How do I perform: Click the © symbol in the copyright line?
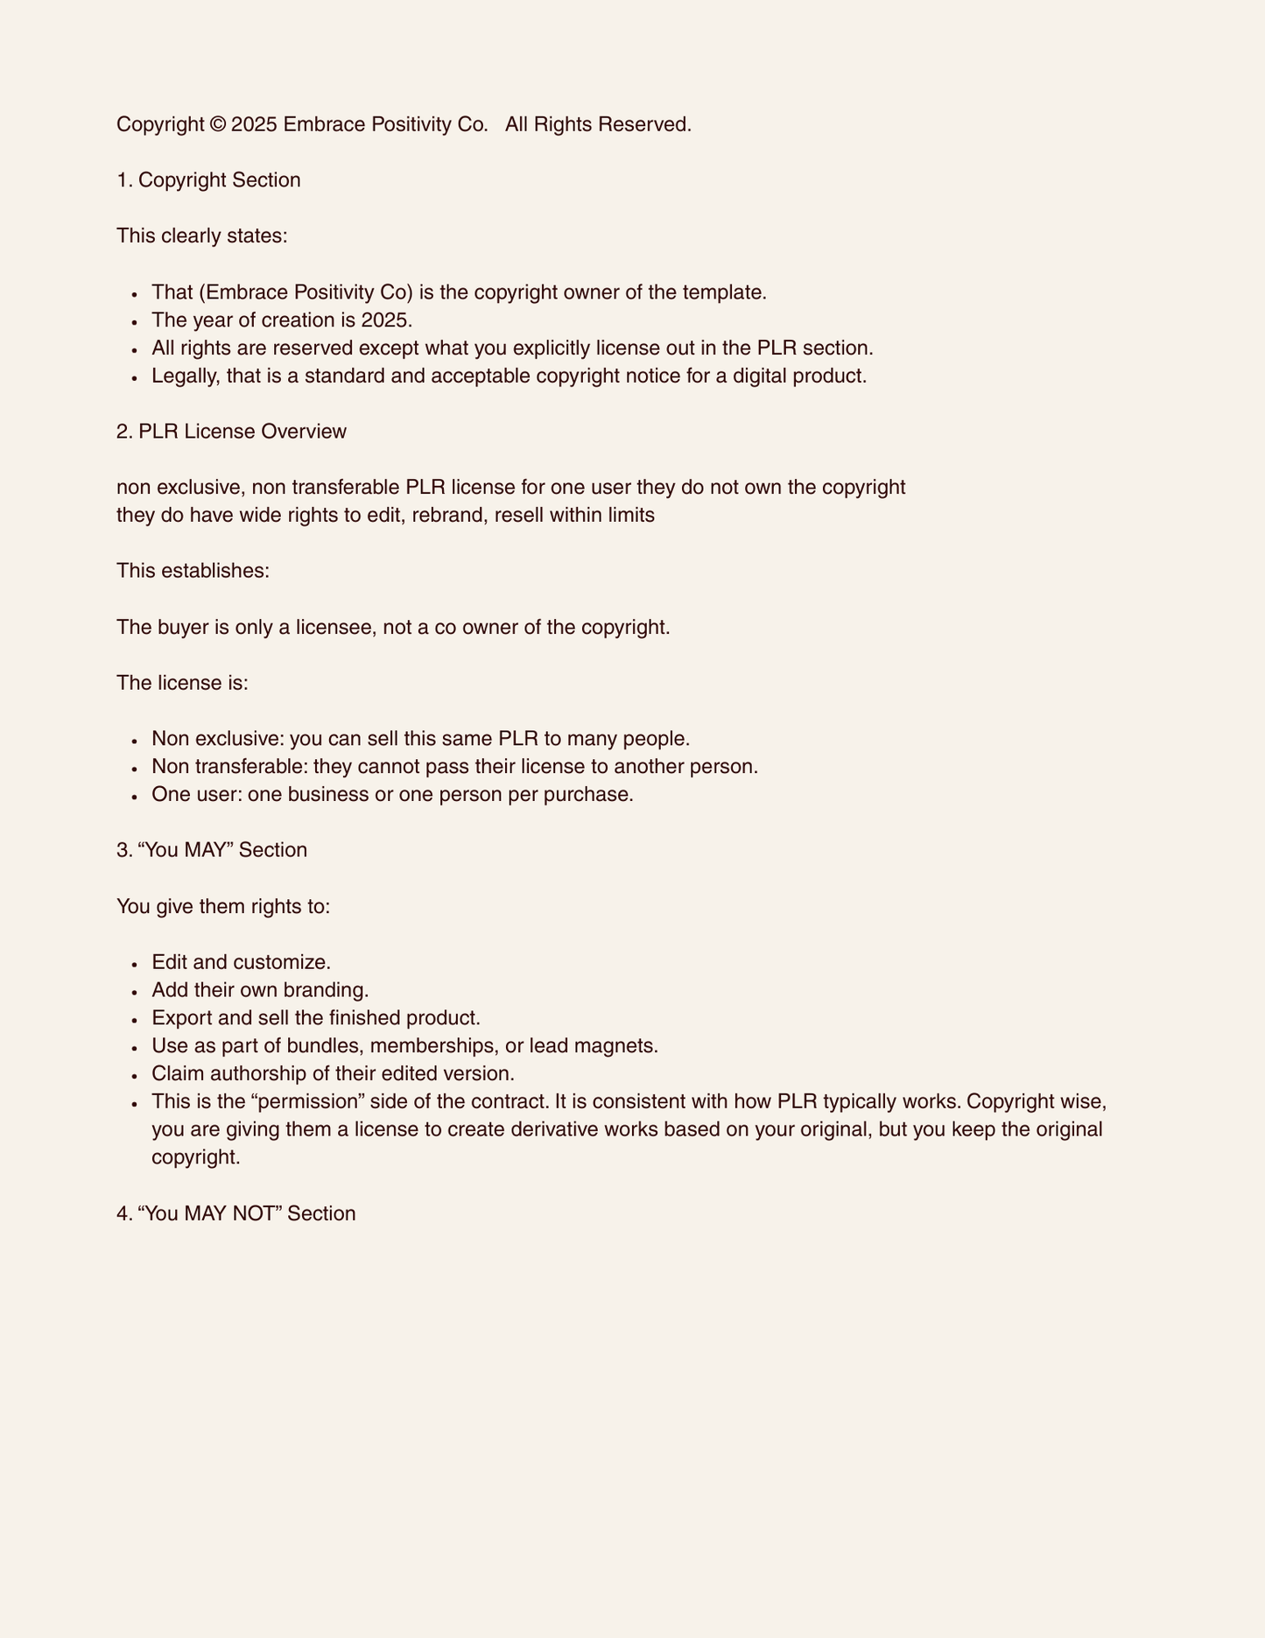coord(218,124)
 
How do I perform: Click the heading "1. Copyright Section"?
coord(208,180)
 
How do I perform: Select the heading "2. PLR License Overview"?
coord(231,432)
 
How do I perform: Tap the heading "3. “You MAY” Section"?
coord(212,850)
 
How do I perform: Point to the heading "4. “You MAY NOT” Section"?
coord(236,1213)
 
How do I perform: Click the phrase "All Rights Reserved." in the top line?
coord(598,124)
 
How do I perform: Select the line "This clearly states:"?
coord(201,236)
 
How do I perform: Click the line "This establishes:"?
coord(193,571)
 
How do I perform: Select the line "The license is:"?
coord(182,683)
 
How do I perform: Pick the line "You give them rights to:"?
coord(223,906)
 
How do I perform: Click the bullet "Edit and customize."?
coord(241,962)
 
